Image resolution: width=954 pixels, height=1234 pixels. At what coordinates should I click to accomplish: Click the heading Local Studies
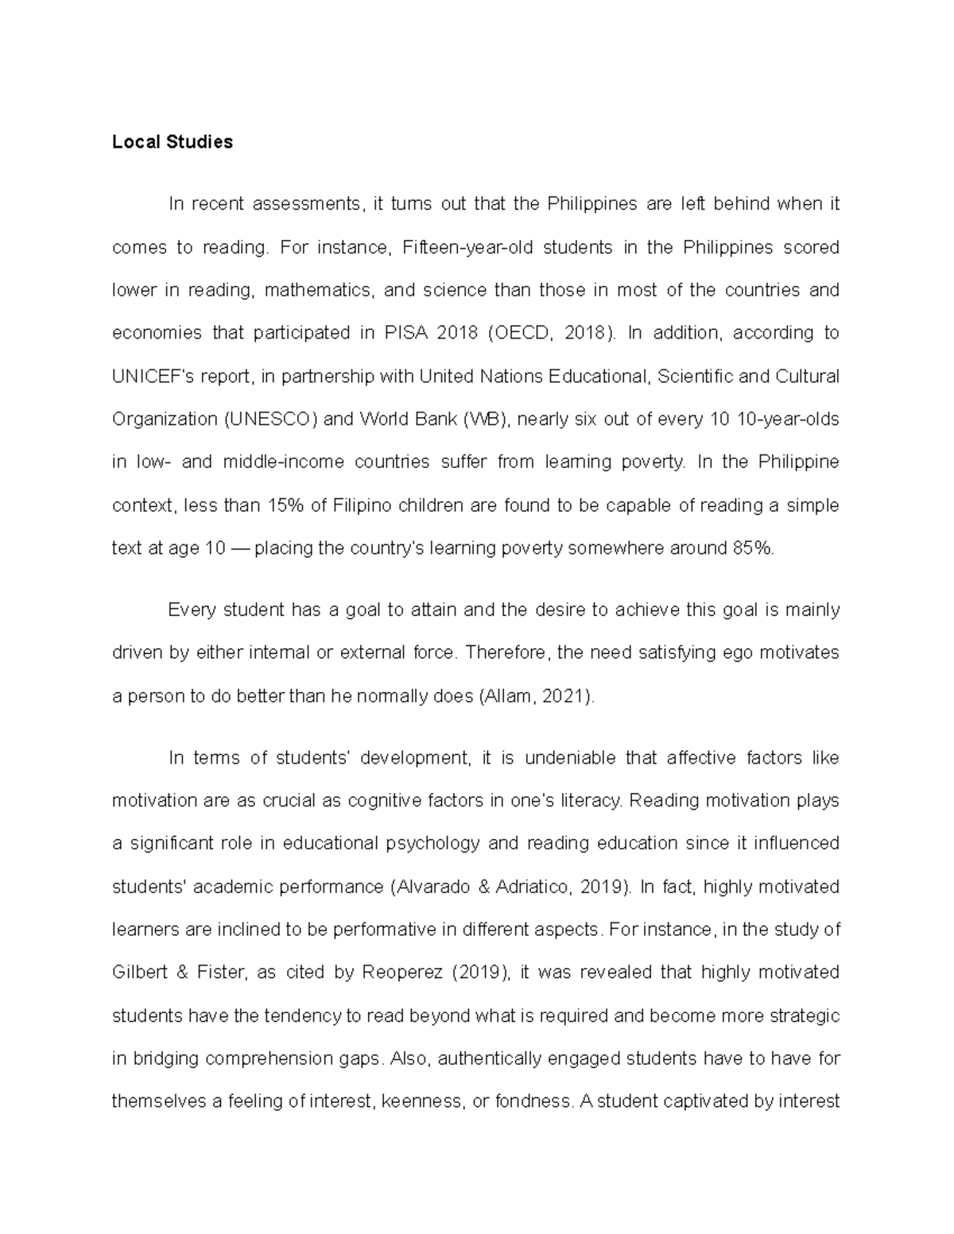173,142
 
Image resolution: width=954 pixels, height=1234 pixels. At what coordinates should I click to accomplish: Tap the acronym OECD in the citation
522,333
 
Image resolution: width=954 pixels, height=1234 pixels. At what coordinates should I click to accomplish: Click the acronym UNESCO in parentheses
270,419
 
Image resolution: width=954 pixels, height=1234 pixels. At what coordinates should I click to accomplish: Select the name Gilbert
139,973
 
